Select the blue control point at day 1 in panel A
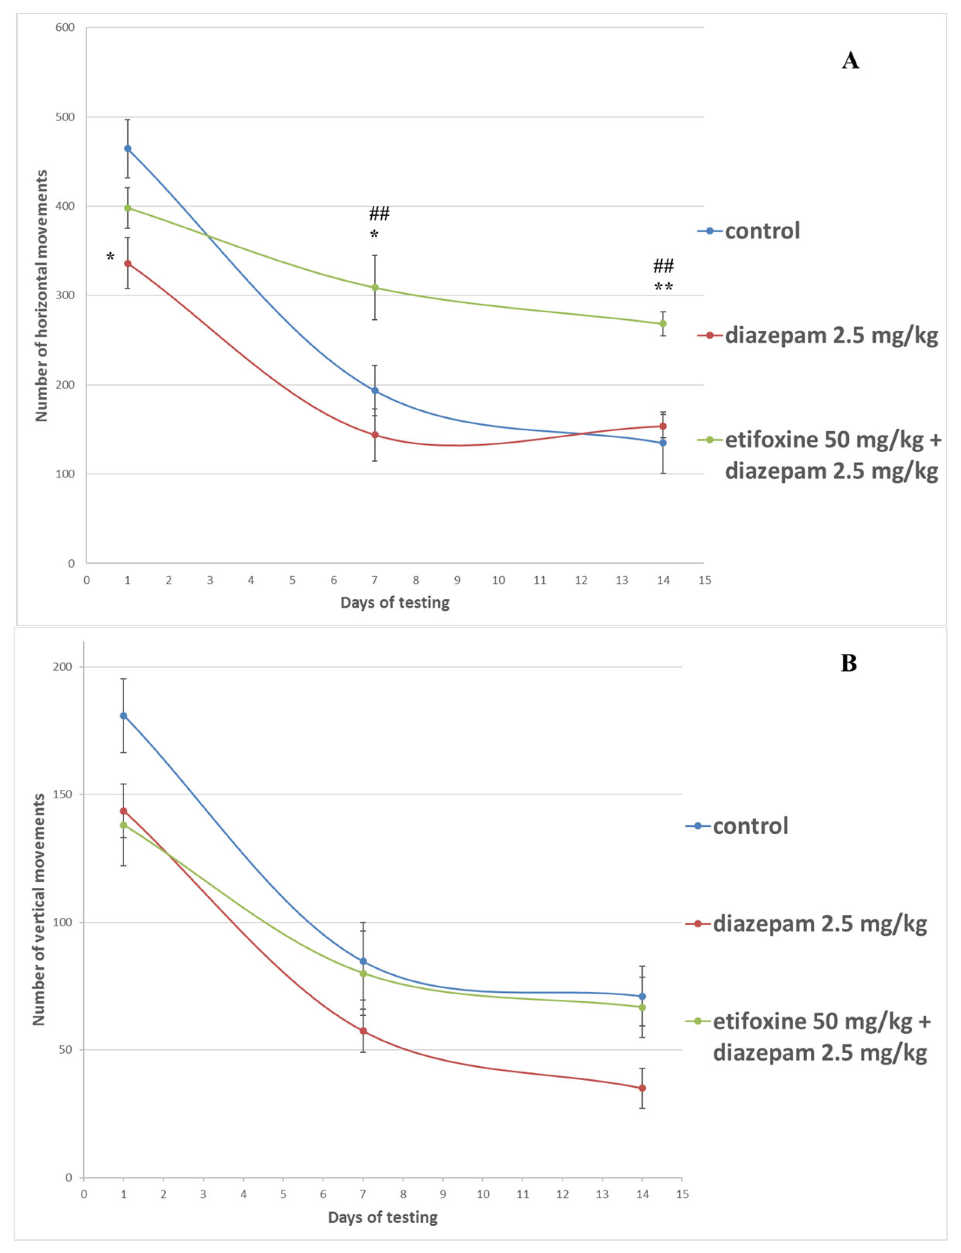click(x=128, y=149)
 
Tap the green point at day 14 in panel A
click(x=663, y=324)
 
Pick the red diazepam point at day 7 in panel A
click(x=375, y=434)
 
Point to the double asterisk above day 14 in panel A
click(x=663, y=287)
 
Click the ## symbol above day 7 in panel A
click(x=379, y=214)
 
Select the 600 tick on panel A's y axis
click(x=65, y=27)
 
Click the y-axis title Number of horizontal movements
click(x=41, y=296)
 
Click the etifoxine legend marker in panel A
click(x=710, y=440)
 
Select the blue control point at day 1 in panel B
click(x=123, y=715)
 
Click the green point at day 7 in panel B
click(x=363, y=973)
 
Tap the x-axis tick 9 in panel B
click(x=443, y=1189)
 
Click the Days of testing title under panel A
click(x=395, y=602)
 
